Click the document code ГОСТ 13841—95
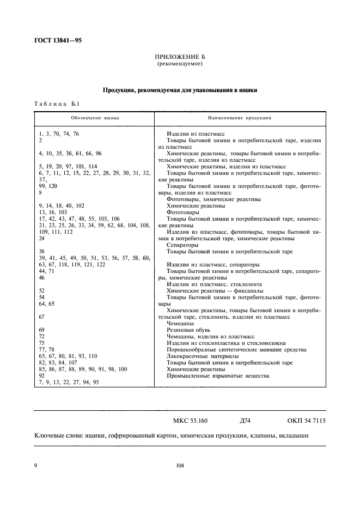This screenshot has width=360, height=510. tap(58, 40)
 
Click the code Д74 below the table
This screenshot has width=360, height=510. tap(245, 421)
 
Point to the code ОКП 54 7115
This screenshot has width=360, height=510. tap(306, 421)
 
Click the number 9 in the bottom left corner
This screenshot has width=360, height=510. tap(36, 465)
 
